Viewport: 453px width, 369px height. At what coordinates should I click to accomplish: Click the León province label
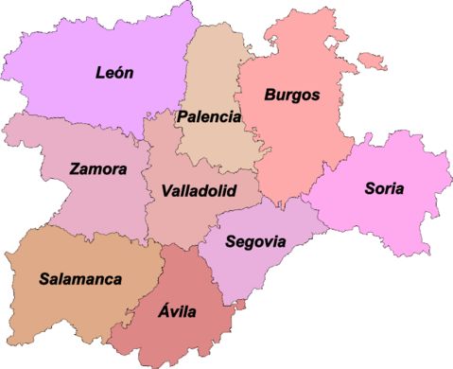click(115, 71)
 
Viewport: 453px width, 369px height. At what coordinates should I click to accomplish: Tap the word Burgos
click(291, 95)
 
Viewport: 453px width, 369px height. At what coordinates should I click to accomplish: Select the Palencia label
click(208, 116)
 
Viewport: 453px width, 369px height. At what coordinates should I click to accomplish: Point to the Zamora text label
click(97, 169)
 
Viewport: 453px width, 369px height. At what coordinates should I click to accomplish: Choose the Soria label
click(383, 188)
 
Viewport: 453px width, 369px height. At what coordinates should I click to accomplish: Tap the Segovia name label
click(255, 239)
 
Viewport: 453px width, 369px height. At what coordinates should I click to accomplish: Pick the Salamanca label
click(80, 279)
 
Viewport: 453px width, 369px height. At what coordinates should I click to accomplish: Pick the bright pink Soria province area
click(397, 218)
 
